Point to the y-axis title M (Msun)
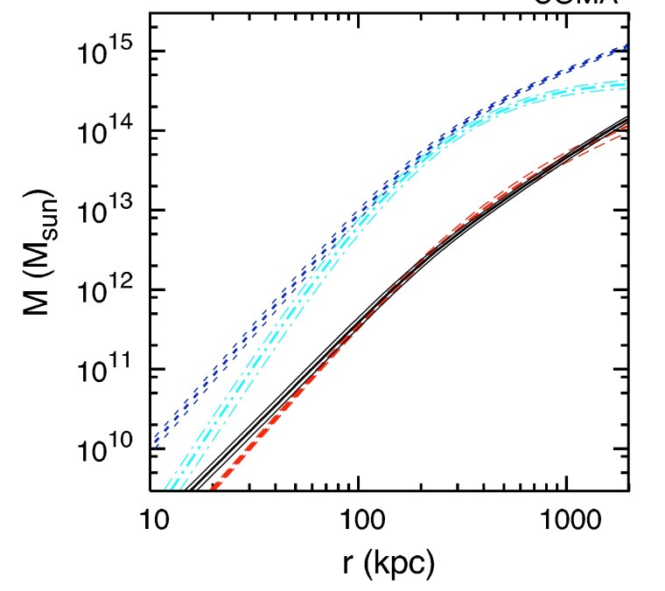point(41,266)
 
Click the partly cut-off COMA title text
point(577,3)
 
